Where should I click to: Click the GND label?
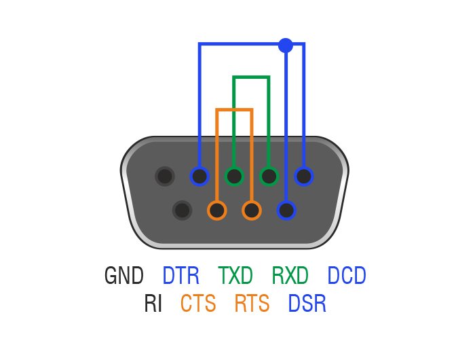click(124, 276)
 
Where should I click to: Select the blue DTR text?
click(181, 276)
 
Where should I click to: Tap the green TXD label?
click(235, 276)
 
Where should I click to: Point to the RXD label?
click(290, 276)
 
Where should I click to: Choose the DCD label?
click(346, 276)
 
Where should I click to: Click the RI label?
click(153, 304)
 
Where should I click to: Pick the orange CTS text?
click(198, 304)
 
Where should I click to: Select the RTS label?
click(252, 304)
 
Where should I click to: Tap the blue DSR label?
click(307, 304)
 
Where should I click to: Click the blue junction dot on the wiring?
click(286, 46)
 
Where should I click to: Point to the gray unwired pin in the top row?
click(164, 177)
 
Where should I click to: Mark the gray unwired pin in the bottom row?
click(182, 210)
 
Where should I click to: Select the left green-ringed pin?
click(234, 177)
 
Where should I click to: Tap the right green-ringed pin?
click(269, 177)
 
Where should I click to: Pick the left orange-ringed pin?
click(217, 210)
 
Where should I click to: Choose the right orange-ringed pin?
click(252, 210)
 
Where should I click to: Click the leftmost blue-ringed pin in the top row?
click(199, 177)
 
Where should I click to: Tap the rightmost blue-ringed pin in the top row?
click(304, 177)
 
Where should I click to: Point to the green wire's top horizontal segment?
click(252, 77)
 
